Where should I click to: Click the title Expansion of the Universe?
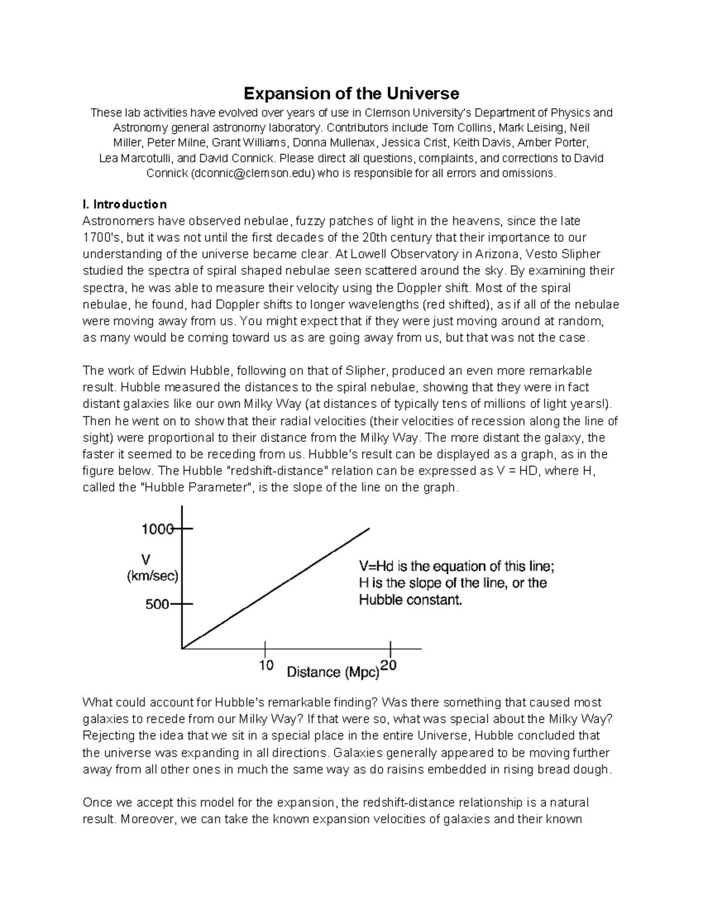[351, 93]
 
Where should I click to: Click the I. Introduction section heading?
[124, 204]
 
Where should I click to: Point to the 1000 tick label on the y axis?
[157, 529]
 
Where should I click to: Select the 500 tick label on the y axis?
[157, 604]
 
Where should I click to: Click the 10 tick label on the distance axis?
[266, 666]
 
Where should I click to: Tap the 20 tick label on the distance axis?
[389, 665]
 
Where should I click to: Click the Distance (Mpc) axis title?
[333, 672]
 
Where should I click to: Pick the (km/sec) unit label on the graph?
[152, 576]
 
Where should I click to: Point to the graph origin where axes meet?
[183, 649]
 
